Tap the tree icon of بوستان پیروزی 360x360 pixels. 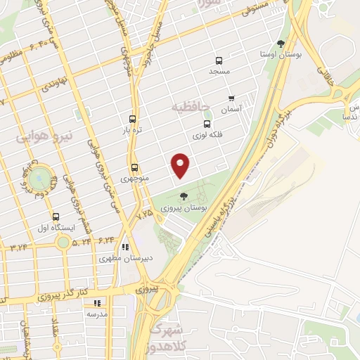(184, 196)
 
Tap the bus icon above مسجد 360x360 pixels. (219, 60)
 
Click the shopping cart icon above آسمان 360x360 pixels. (231, 99)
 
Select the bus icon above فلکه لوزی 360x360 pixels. (206, 122)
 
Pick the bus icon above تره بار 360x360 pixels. (133, 119)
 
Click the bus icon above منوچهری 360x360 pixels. (134, 167)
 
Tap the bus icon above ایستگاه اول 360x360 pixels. (56, 217)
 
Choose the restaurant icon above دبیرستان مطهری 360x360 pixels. (125, 247)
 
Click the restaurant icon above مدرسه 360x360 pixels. (96, 303)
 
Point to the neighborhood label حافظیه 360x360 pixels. (191, 107)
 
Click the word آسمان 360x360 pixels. (230, 110)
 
